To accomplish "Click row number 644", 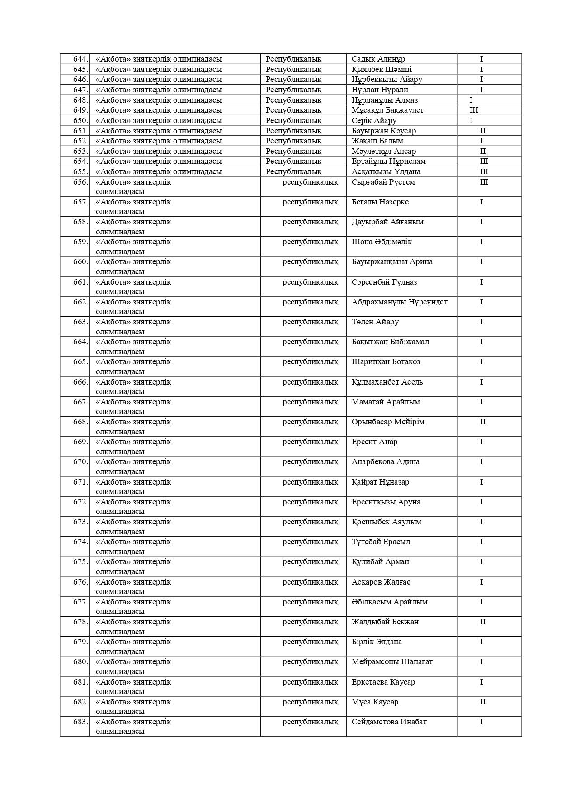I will [x=80, y=59].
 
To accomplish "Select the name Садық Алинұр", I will [x=378, y=59].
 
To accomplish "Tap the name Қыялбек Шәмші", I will [x=382, y=69].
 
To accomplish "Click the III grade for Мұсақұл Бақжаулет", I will [x=474, y=110].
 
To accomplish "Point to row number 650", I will [x=80, y=120].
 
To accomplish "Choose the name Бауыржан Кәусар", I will [x=383, y=131].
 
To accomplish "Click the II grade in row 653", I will [x=482, y=151].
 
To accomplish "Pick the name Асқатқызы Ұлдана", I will [x=386, y=171].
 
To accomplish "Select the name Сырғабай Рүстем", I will [x=383, y=182].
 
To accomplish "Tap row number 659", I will [x=80, y=242].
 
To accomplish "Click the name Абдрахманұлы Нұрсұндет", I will [x=399, y=302].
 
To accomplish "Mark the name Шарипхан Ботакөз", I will [x=386, y=361].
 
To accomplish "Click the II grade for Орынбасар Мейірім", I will [x=482, y=422].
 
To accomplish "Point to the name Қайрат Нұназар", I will [x=380, y=482].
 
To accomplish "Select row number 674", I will [x=80, y=542].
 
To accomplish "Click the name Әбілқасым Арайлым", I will [x=389, y=602].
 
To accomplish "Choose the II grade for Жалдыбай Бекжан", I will [x=482, y=622].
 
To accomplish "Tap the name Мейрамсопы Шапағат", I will [x=392, y=661].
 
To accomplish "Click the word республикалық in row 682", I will [x=310, y=702].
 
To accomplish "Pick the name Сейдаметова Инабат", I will [x=389, y=722].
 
